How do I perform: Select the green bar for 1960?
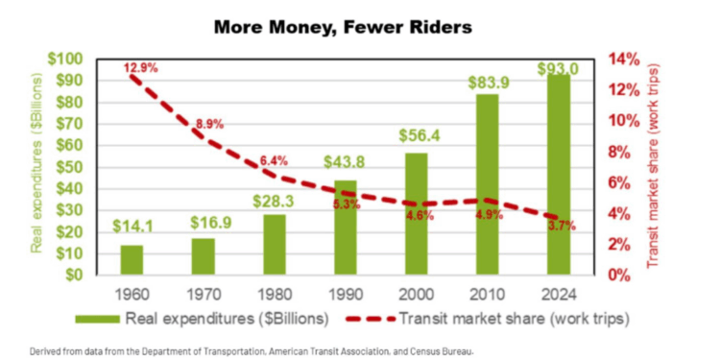pos(132,260)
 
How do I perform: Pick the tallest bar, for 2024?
pos(558,174)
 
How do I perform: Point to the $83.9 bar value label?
pos(487,83)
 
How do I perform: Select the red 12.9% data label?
pos(140,68)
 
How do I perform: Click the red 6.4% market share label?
pos(274,160)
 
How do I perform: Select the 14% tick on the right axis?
pos(622,60)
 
